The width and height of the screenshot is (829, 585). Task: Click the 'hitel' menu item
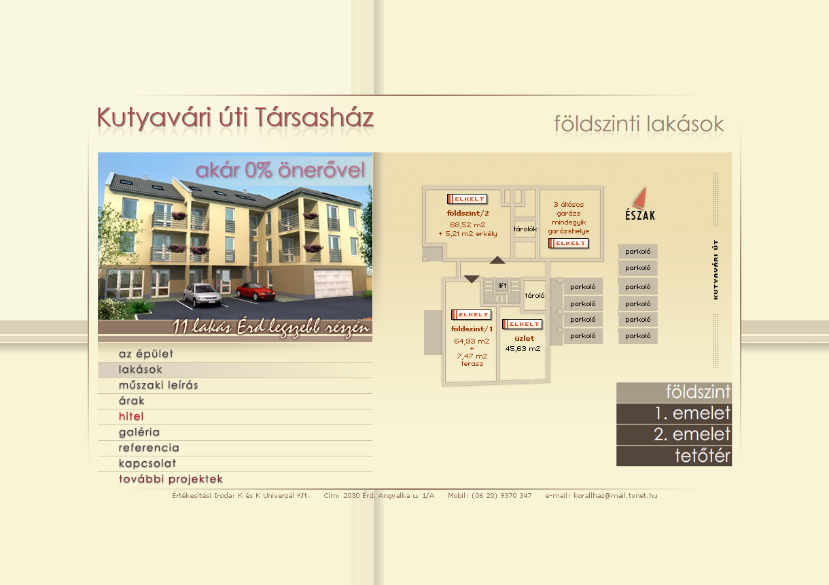pos(131,416)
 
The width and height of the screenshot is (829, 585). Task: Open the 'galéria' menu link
pos(139,432)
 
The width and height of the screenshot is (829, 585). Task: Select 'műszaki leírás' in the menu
pos(158,385)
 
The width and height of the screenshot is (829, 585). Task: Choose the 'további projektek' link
pos(171,479)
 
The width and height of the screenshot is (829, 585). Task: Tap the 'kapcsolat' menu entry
pos(147,463)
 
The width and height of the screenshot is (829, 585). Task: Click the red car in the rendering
pos(255,291)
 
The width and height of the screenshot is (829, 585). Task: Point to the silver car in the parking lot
pos(202,295)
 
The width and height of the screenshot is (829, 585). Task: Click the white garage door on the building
pos(333,283)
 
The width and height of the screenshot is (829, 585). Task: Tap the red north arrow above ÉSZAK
pos(640,197)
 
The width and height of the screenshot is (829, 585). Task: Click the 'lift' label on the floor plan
pos(502,285)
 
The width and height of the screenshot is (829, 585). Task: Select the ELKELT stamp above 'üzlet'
pos(522,324)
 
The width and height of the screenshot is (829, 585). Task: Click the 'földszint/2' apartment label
pos(468,213)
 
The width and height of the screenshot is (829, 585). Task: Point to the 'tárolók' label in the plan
pos(525,229)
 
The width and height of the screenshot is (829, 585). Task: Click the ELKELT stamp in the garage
pos(569,244)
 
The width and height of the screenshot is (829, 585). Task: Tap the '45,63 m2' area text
pos(523,349)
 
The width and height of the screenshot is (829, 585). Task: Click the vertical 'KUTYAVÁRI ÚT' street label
pos(716,270)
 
